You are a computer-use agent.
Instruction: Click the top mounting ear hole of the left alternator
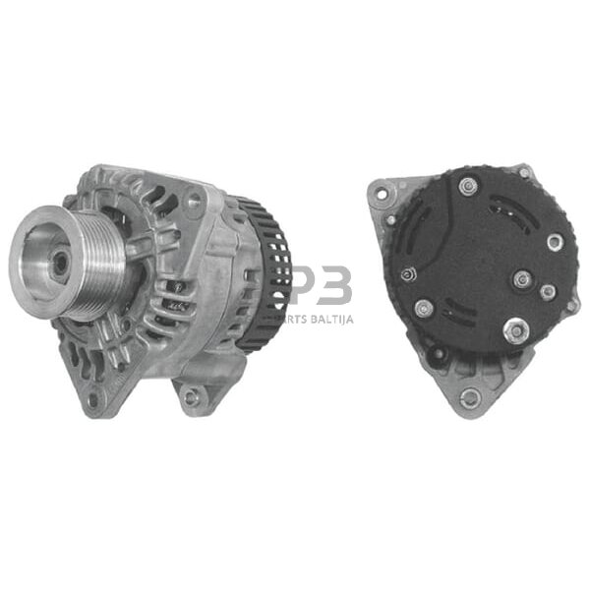(x=192, y=201)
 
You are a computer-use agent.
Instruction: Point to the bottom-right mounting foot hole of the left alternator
(x=191, y=396)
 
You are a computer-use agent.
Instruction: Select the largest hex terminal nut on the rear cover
(x=513, y=331)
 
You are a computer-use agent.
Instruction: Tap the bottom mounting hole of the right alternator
(x=470, y=397)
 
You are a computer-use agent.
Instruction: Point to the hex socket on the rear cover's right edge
(x=556, y=241)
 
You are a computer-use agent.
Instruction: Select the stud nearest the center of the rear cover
(x=522, y=279)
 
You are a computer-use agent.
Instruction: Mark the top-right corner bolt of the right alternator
(x=525, y=173)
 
